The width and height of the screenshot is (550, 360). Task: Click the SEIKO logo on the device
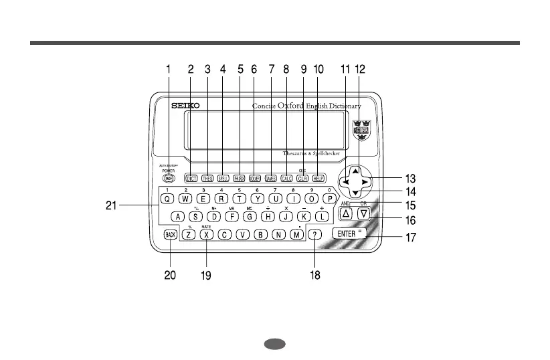pyautogui.click(x=178, y=106)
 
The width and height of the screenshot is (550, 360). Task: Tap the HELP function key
pyautogui.click(x=318, y=179)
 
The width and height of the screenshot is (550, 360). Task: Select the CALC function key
pyautogui.click(x=286, y=179)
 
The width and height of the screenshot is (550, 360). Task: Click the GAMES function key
pyautogui.click(x=270, y=179)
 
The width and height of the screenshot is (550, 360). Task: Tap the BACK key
pyautogui.click(x=171, y=234)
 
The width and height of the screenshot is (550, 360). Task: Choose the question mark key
pyautogui.click(x=316, y=234)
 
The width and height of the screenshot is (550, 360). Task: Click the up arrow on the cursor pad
pyautogui.click(x=355, y=171)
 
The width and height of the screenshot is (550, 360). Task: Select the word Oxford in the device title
pyautogui.click(x=291, y=105)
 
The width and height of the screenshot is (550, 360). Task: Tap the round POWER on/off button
pyautogui.click(x=167, y=179)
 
